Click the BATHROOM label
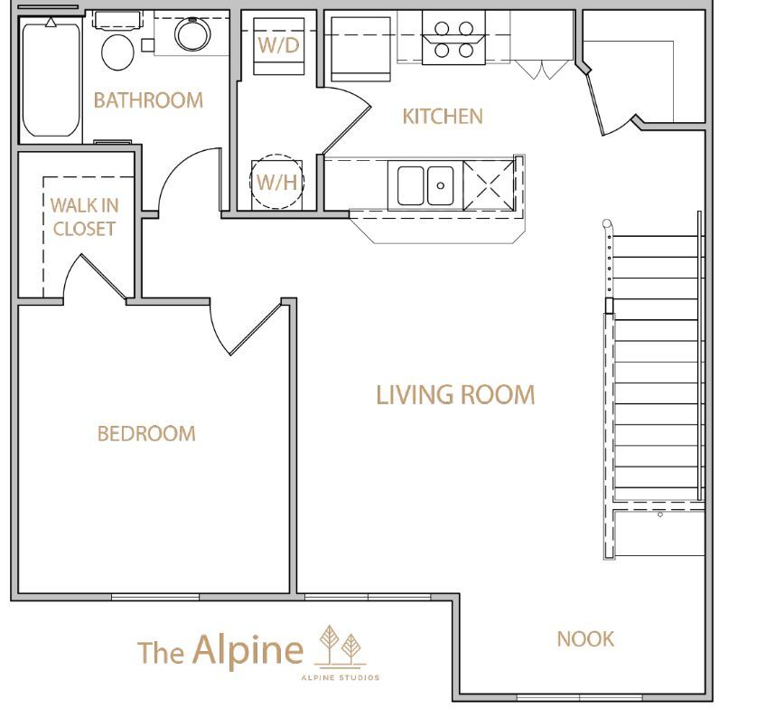(x=148, y=100)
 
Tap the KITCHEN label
(x=443, y=117)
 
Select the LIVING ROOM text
(x=455, y=394)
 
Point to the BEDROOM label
(x=146, y=433)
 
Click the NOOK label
(x=585, y=638)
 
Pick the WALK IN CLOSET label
(x=84, y=217)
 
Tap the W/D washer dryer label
(x=278, y=45)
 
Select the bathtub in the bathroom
(x=51, y=79)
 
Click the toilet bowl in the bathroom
(x=117, y=52)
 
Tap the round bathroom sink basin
(x=193, y=34)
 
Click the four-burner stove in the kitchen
(x=453, y=38)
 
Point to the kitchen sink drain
(x=441, y=185)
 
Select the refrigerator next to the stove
(x=360, y=48)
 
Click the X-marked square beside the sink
(x=489, y=185)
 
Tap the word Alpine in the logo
(x=248, y=650)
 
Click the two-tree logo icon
(x=341, y=645)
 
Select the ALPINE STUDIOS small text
(x=341, y=677)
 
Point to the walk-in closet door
(x=103, y=277)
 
